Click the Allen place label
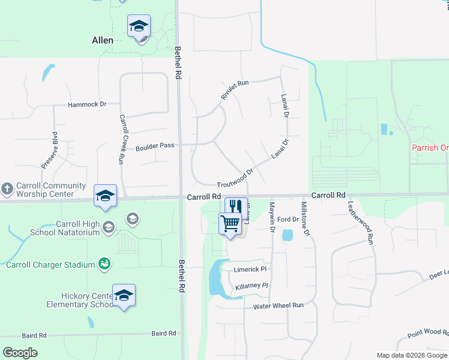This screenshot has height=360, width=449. [x=103, y=41]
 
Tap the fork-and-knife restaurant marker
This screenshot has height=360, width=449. [x=236, y=206]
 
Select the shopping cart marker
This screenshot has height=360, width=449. [x=230, y=224]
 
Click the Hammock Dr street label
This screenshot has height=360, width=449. [x=87, y=104]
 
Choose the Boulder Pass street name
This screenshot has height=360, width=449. [x=155, y=147]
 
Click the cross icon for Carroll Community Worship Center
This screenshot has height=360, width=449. [x=7, y=188]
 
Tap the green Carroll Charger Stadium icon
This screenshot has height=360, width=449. [x=105, y=263]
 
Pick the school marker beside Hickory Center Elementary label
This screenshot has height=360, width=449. [x=124, y=295]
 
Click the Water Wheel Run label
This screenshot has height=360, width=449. [x=278, y=305]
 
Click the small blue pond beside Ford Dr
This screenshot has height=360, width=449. [x=288, y=235]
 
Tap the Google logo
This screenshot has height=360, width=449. [x=20, y=352]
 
